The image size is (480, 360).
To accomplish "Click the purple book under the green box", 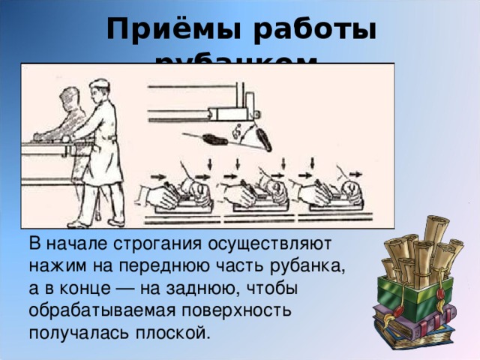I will pyautogui.click(x=420, y=322).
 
